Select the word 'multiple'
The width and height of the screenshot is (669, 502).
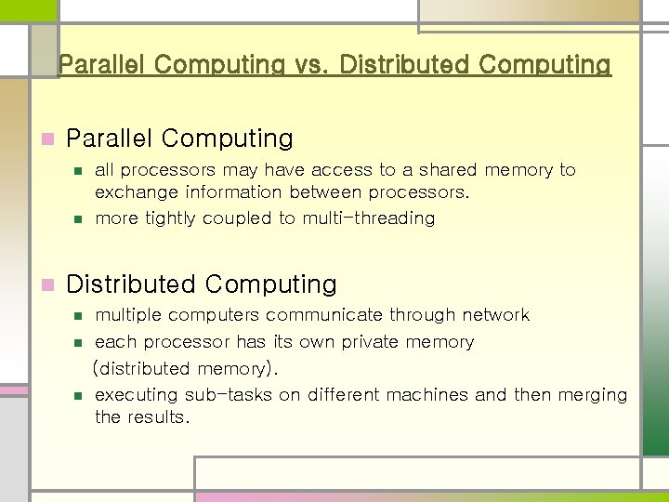click(128, 315)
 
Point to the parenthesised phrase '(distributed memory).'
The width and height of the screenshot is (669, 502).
click(184, 369)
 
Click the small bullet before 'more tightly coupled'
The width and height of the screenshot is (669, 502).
click(78, 219)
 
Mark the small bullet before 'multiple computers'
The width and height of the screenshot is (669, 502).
click(78, 316)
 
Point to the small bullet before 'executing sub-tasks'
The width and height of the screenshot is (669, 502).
click(78, 396)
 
